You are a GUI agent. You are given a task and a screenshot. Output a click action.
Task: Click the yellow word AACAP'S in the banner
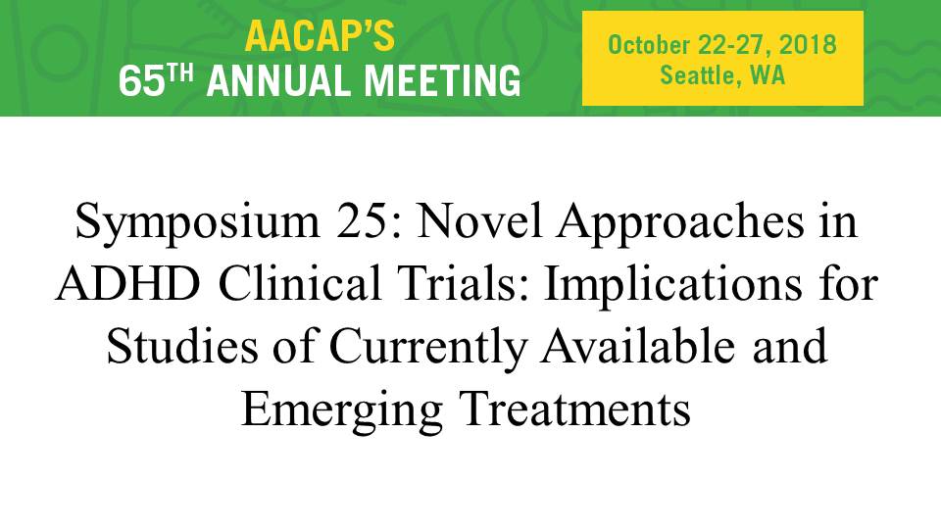(320, 36)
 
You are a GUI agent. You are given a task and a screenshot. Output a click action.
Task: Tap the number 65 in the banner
(141, 81)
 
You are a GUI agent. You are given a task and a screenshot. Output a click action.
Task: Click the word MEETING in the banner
(443, 81)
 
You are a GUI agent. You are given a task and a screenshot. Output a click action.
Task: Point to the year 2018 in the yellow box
(807, 45)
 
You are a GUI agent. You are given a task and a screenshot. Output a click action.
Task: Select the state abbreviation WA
(768, 75)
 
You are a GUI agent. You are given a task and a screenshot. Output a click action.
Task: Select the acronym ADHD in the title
(127, 283)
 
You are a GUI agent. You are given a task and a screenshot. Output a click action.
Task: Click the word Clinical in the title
(300, 282)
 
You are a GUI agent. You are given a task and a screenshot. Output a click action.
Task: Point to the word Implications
(672, 284)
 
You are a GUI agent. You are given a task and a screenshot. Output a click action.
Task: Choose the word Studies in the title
(182, 346)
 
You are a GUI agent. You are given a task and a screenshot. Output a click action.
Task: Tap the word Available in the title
(637, 346)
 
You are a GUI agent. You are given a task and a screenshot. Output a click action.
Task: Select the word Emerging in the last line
(342, 410)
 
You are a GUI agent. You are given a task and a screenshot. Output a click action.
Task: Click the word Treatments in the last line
(575, 409)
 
